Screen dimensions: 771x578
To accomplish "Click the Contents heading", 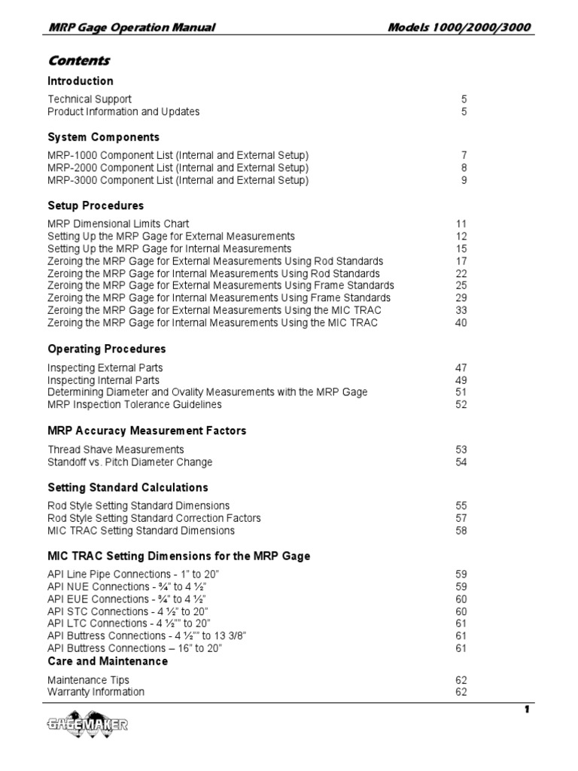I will pos(78,60).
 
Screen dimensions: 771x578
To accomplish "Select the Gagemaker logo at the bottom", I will pos(85,725).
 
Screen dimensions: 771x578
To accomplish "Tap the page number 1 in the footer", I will pos(528,709).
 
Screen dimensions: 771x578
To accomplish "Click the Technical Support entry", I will pos(90,99).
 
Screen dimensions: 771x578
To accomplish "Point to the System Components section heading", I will pos(103,137).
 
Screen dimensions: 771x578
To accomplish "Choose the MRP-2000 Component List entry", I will pos(178,167).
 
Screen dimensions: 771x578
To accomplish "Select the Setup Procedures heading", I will pos(96,205).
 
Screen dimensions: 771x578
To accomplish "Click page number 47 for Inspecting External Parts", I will pos(461,367).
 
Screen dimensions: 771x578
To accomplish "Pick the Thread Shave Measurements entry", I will pos(115,449).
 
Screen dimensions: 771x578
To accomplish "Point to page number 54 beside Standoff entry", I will pos(461,462).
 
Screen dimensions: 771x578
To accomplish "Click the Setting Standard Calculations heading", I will pos(127,487).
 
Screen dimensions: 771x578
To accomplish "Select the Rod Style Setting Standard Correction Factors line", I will pos(154,518).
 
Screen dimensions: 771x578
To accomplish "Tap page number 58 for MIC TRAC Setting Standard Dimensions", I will pos(461,530).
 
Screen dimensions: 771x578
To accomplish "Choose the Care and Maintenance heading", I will pos(108,661).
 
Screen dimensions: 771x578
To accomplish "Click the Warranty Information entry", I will pos(96,691).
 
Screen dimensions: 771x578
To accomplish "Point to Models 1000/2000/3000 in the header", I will pos(459,28).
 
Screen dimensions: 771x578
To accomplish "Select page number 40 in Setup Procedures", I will pos(461,322).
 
